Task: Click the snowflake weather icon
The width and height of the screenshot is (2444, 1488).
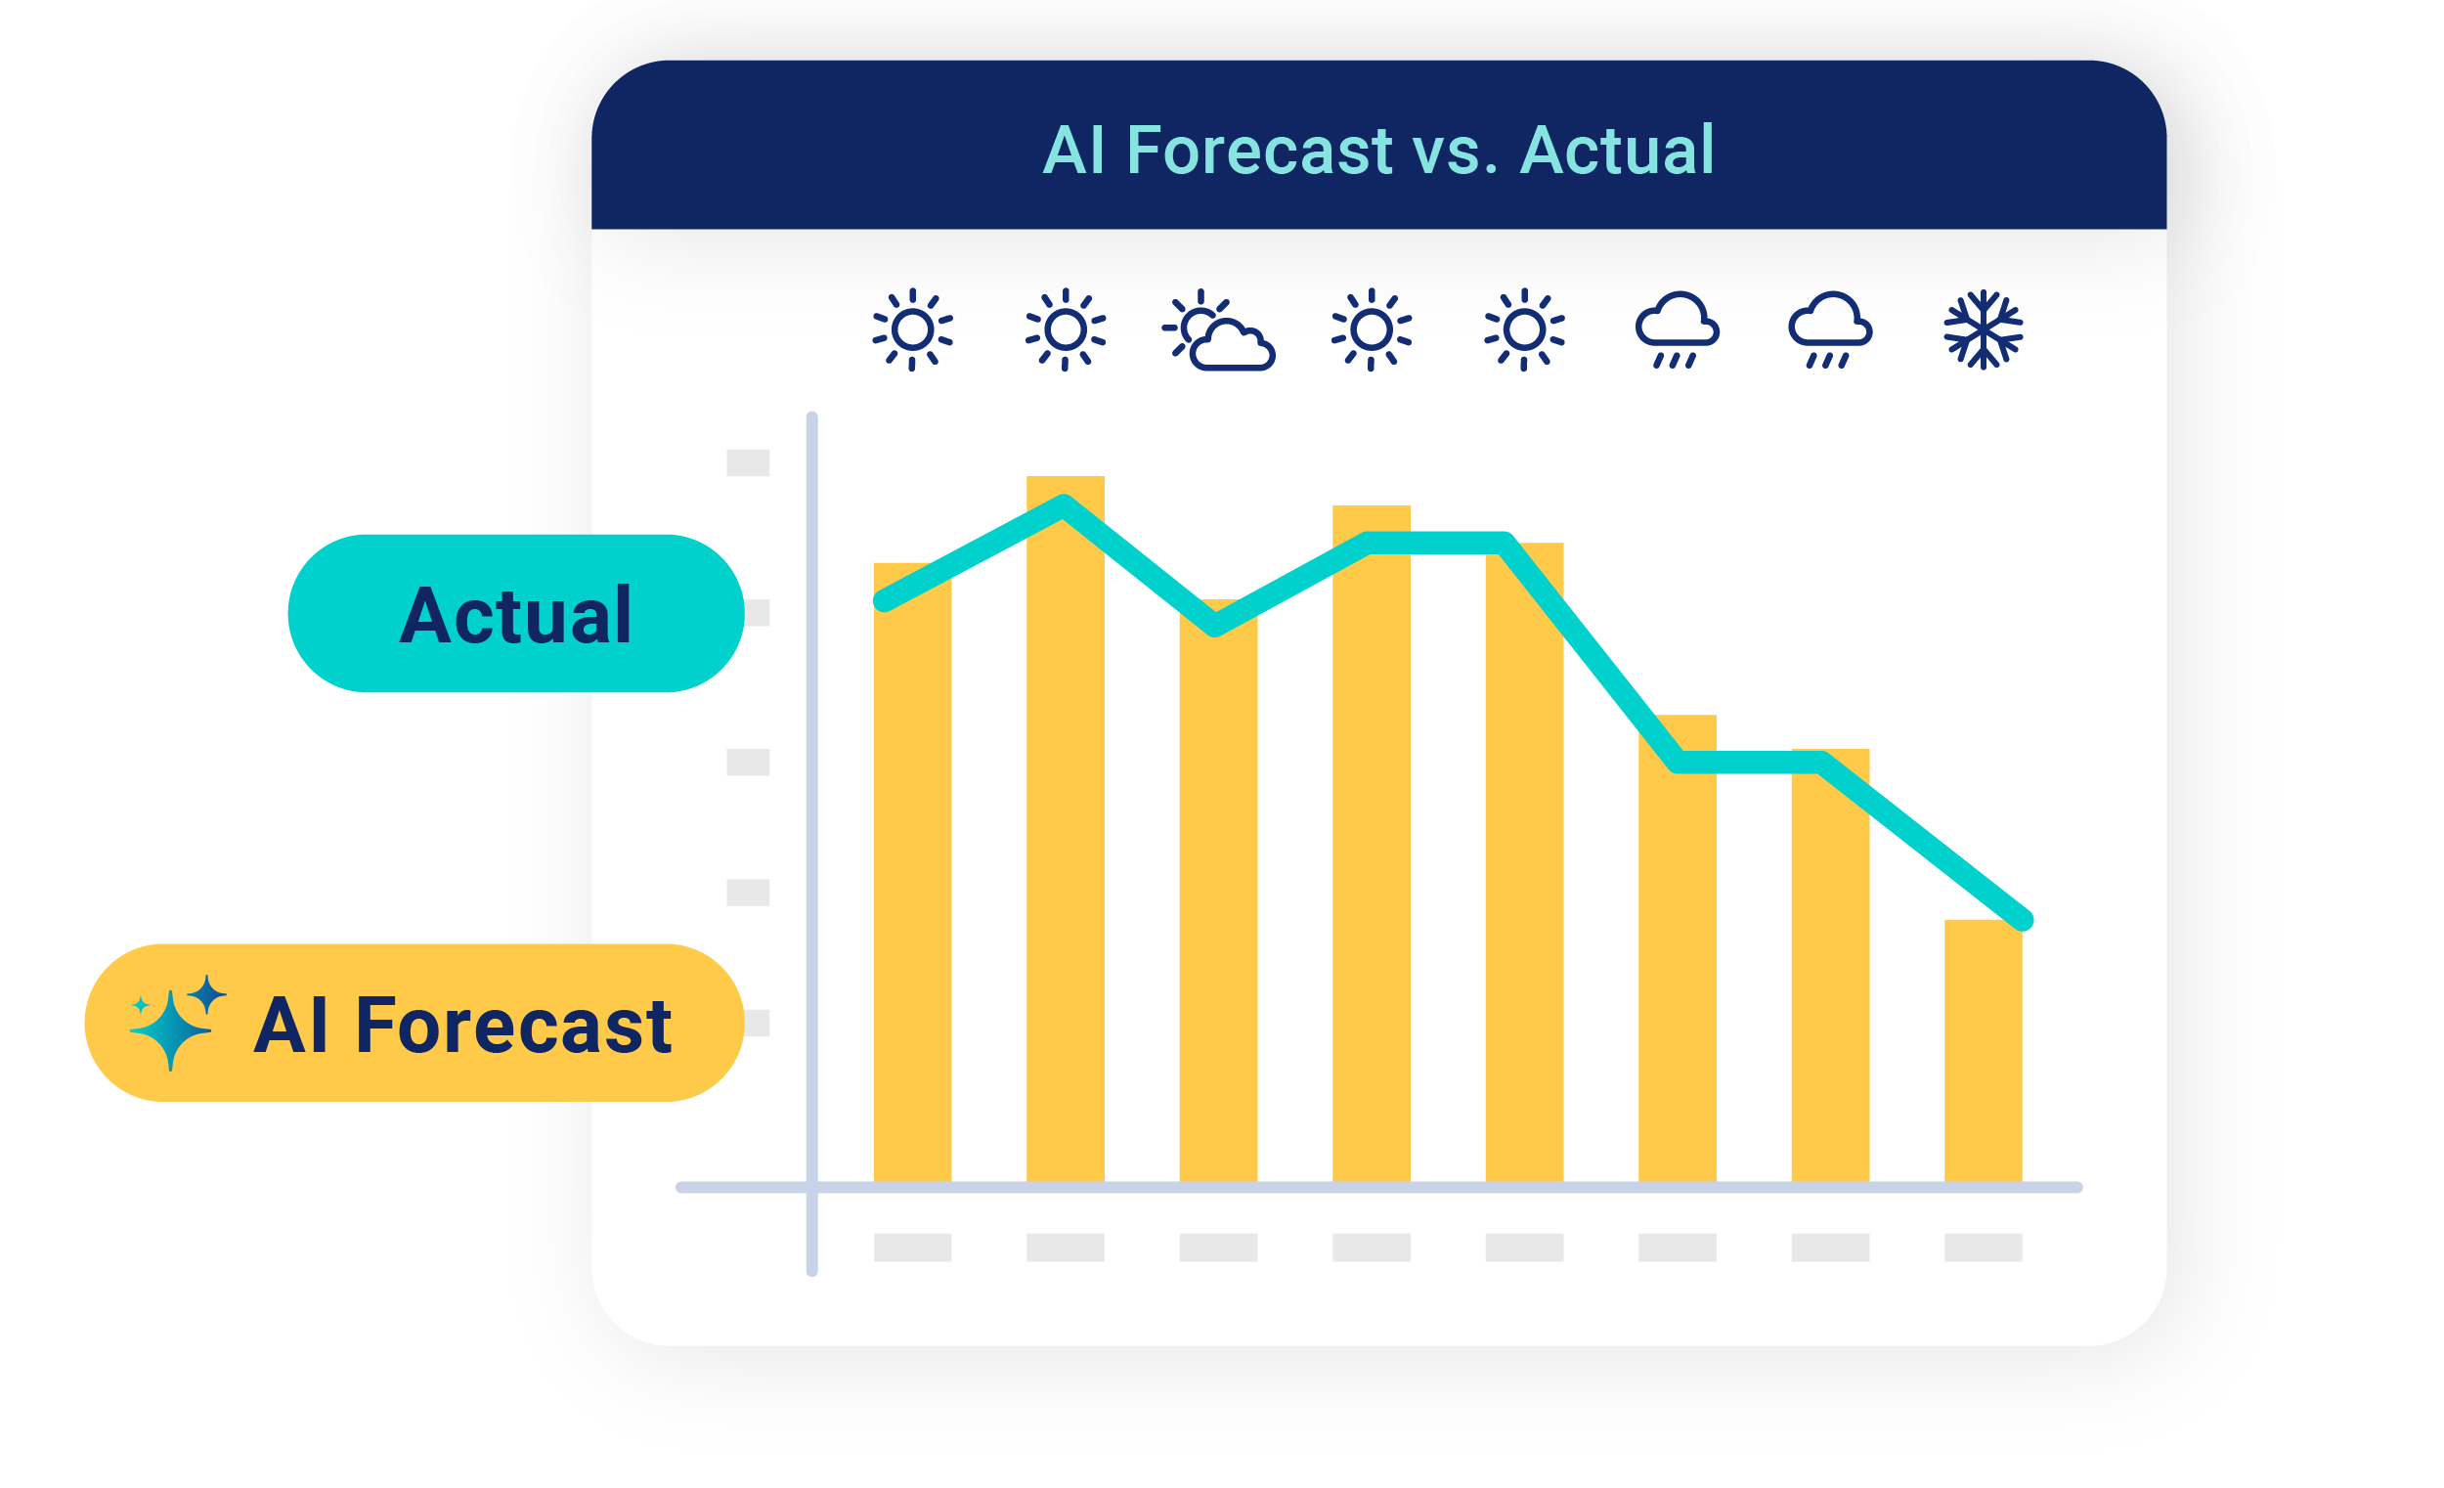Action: [x=1983, y=329]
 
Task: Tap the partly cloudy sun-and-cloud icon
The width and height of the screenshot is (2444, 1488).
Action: [x=1218, y=330]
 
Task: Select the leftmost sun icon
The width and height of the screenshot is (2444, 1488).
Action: [x=912, y=329]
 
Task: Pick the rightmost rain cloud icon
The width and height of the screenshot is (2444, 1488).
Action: [x=1830, y=329]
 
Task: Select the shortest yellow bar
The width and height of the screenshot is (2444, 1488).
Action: [x=1983, y=1052]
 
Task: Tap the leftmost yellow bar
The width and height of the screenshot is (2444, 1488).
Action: [x=912, y=873]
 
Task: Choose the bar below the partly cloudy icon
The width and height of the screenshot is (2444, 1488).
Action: [x=1218, y=891]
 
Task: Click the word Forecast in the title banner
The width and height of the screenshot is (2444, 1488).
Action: [x=1259, y=151]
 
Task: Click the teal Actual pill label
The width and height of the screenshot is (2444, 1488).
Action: [x=516, y=613]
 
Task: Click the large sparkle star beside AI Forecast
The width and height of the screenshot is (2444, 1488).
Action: [x=171, y=1029]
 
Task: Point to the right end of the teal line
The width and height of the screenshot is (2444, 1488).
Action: [x=2025, y=921]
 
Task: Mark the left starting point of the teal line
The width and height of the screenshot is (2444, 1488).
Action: [x=883, y=601]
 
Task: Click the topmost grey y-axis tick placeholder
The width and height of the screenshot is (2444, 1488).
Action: [x=748, y=462]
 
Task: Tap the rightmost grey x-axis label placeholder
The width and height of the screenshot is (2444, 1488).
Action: [x=1983, y=1247]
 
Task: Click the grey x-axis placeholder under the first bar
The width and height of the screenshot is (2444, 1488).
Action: [x=912, y=1247]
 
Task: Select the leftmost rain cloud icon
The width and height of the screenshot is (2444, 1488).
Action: [x=1678, y=329]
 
